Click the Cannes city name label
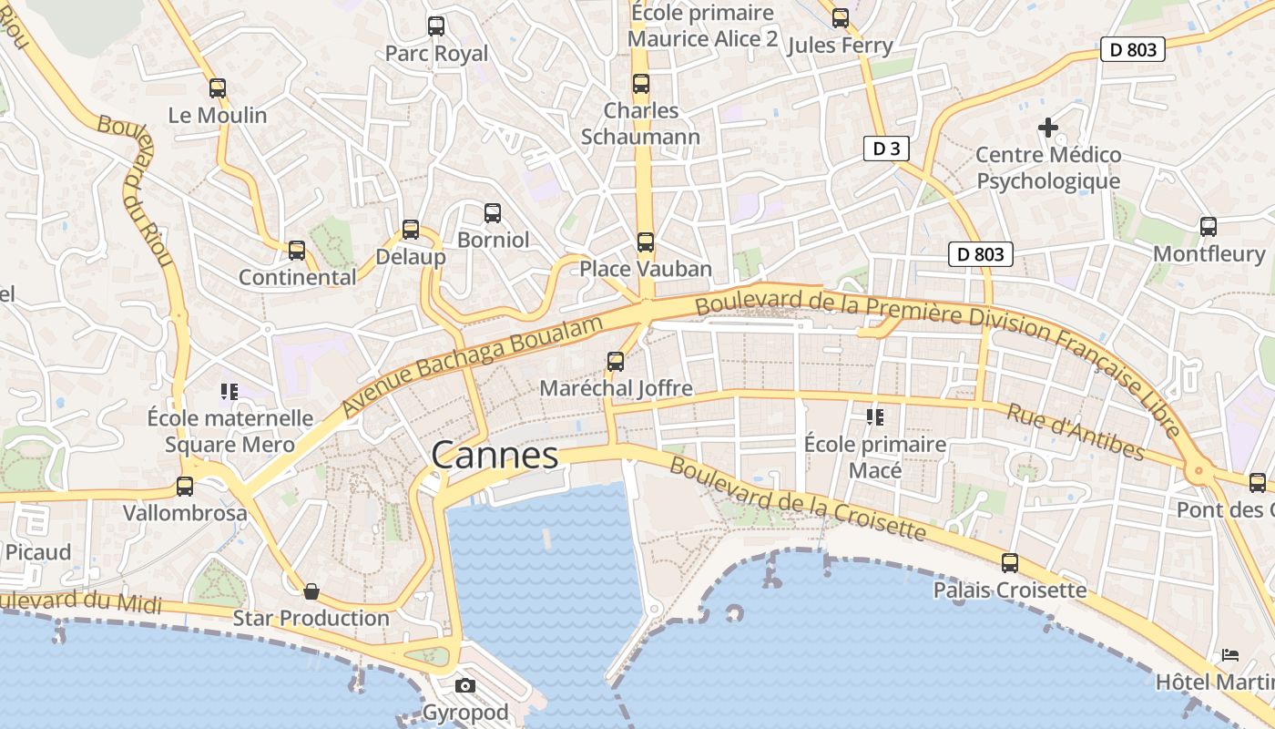pos(495,456)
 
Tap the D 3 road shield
pos(886,149)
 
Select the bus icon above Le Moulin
pos(217,88)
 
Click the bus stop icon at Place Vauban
pos(646,242)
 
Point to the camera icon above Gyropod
pos(465,685)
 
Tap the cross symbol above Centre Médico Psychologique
pos(1048,128)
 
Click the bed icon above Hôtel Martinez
pos(1230,655)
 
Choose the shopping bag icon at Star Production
pos(311,592)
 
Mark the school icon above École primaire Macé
pos(875,417)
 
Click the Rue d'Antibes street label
pos(1075,431)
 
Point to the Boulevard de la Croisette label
pos(798,498)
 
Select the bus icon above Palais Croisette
pos(1010,563)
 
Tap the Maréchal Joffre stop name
pos(616,389)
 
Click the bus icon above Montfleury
pos(1209,227)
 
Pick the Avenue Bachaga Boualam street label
pos(474,366)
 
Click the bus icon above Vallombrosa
pos(185,487)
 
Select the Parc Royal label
pos(436,54)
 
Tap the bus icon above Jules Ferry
pos(840,18)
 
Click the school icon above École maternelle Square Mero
pos(229,392)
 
